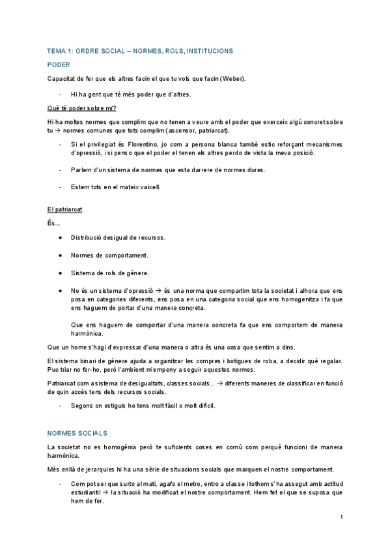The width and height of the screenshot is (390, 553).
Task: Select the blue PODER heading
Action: [59, 65]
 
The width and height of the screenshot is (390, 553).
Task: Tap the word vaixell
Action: [147, 187]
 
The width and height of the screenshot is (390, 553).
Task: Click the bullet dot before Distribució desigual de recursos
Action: [60, 237]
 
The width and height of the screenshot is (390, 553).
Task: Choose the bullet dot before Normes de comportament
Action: [60, 255]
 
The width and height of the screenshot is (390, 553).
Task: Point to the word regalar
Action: [348, 361]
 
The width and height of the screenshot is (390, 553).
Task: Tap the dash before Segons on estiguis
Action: [60, 406]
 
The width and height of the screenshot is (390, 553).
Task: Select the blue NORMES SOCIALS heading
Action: [77, 433]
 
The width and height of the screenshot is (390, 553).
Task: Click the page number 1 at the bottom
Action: [341, 517]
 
